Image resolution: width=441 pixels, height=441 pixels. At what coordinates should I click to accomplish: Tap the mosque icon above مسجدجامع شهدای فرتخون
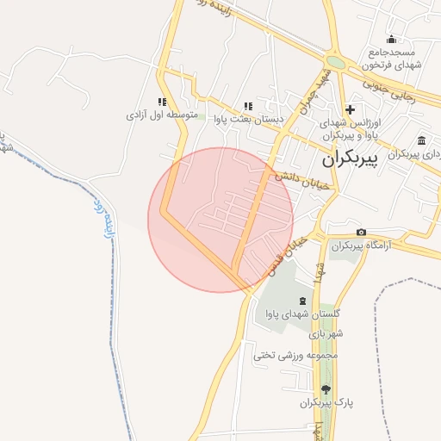click(x=392, y=39)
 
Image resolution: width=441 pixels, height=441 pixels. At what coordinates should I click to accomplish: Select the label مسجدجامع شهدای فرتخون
click(x=392, y=59)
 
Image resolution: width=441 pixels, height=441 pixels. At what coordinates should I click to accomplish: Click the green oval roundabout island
click(x=336, y=63)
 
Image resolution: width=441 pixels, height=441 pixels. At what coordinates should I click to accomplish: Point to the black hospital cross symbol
click(x=350, y=109)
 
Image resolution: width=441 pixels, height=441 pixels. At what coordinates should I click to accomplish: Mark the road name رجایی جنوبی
click(x=392, y=90)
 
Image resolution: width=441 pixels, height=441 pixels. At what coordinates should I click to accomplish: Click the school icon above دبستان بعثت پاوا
click(x=248, y=105)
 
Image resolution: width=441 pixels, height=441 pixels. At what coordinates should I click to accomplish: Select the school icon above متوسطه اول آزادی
click(x=161, y=101)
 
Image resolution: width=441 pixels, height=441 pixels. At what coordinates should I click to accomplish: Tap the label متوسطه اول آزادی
click(x=162, y=115)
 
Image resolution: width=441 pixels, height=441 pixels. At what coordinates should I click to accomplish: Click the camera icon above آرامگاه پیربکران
click(x=361, y=233)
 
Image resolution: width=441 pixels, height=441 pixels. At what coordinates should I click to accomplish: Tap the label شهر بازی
click(x=328, y=333)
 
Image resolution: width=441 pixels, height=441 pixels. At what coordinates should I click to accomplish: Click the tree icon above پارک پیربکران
click(x=325, y=389)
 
